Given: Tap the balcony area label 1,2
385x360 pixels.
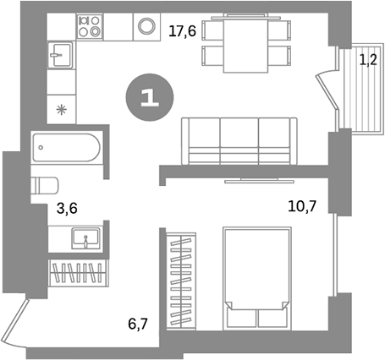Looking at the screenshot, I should click(369, 60).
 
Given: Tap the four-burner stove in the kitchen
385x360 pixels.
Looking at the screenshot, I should click(89, 27).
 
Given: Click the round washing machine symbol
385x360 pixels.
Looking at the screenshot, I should click(147, 26).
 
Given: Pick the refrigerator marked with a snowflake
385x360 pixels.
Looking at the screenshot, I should click(60, 108).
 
